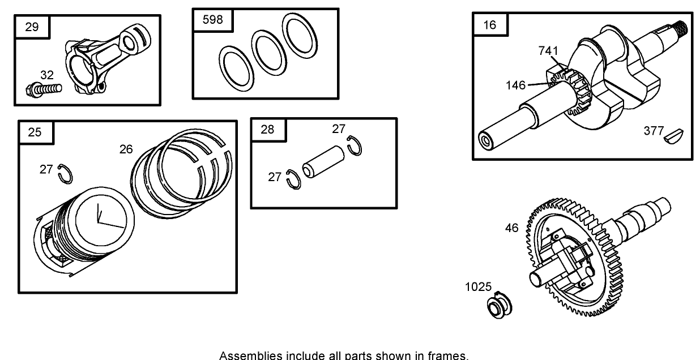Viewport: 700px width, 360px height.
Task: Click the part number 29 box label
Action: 32,27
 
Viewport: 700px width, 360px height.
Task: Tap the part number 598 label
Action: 213,20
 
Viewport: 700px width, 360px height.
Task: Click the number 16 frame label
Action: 490,24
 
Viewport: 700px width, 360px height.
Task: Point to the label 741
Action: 548,51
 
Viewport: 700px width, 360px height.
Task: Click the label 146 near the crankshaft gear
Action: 516,85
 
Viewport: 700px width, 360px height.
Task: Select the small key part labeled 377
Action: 676,135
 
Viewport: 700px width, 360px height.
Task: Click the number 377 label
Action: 654,131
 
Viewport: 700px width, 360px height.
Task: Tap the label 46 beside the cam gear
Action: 511,228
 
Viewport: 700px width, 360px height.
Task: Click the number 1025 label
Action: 479,287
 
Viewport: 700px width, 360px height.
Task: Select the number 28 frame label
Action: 267,129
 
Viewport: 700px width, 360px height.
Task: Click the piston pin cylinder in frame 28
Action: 322,162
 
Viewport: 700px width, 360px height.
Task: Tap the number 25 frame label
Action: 35,132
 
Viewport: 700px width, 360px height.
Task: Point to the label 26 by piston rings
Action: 126,149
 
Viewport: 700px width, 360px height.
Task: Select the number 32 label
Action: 47,75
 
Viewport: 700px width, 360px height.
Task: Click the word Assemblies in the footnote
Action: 246,355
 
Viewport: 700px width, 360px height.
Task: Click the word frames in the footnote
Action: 451,355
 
